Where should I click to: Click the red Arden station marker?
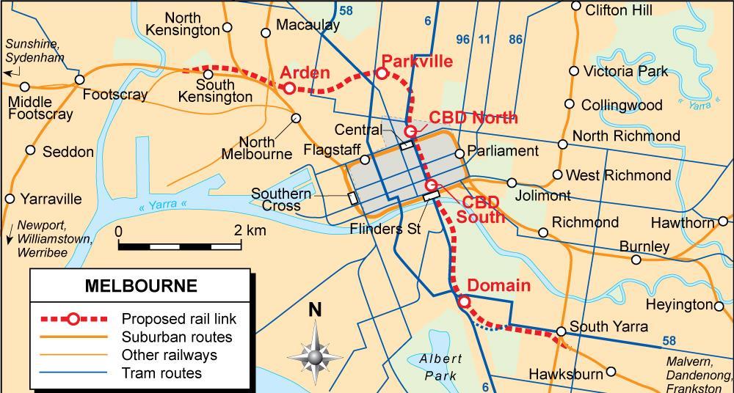tap(289, 88)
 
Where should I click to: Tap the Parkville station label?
tap(417, 62)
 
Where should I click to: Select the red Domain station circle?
tap(464, 301)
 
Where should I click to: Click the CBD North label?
tap(473, 117)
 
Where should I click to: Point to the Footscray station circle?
tap(78, 80)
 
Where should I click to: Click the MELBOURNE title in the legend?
tap(141, 286)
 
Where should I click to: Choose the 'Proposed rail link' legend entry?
tap(179, 319)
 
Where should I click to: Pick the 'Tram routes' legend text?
tap(161, 373)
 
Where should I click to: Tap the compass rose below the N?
tap(315, 356)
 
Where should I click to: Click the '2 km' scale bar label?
tap(250, 230)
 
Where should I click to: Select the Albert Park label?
tap(441, 367)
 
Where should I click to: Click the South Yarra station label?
tap(608, 326)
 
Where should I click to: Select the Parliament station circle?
tap(459, 153)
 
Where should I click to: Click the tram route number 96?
tap(462, 40)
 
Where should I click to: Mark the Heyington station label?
tap(679, 304)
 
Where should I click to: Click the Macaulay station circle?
tap(266, 32)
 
